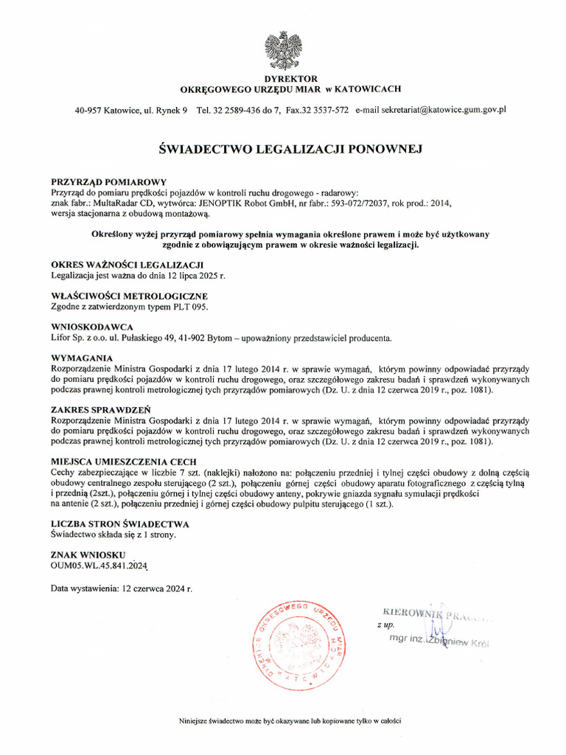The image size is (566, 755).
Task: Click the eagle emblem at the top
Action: click(283, 49)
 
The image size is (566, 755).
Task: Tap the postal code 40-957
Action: click(88, 110)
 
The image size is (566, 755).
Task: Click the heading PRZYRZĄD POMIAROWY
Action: click(109, 181)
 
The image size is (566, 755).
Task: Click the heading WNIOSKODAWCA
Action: click(92, 326)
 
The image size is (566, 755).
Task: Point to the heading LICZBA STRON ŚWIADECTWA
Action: click(120, 523)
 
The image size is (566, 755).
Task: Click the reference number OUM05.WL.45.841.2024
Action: click(99, 566)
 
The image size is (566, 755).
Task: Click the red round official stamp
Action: click(298, 641)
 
